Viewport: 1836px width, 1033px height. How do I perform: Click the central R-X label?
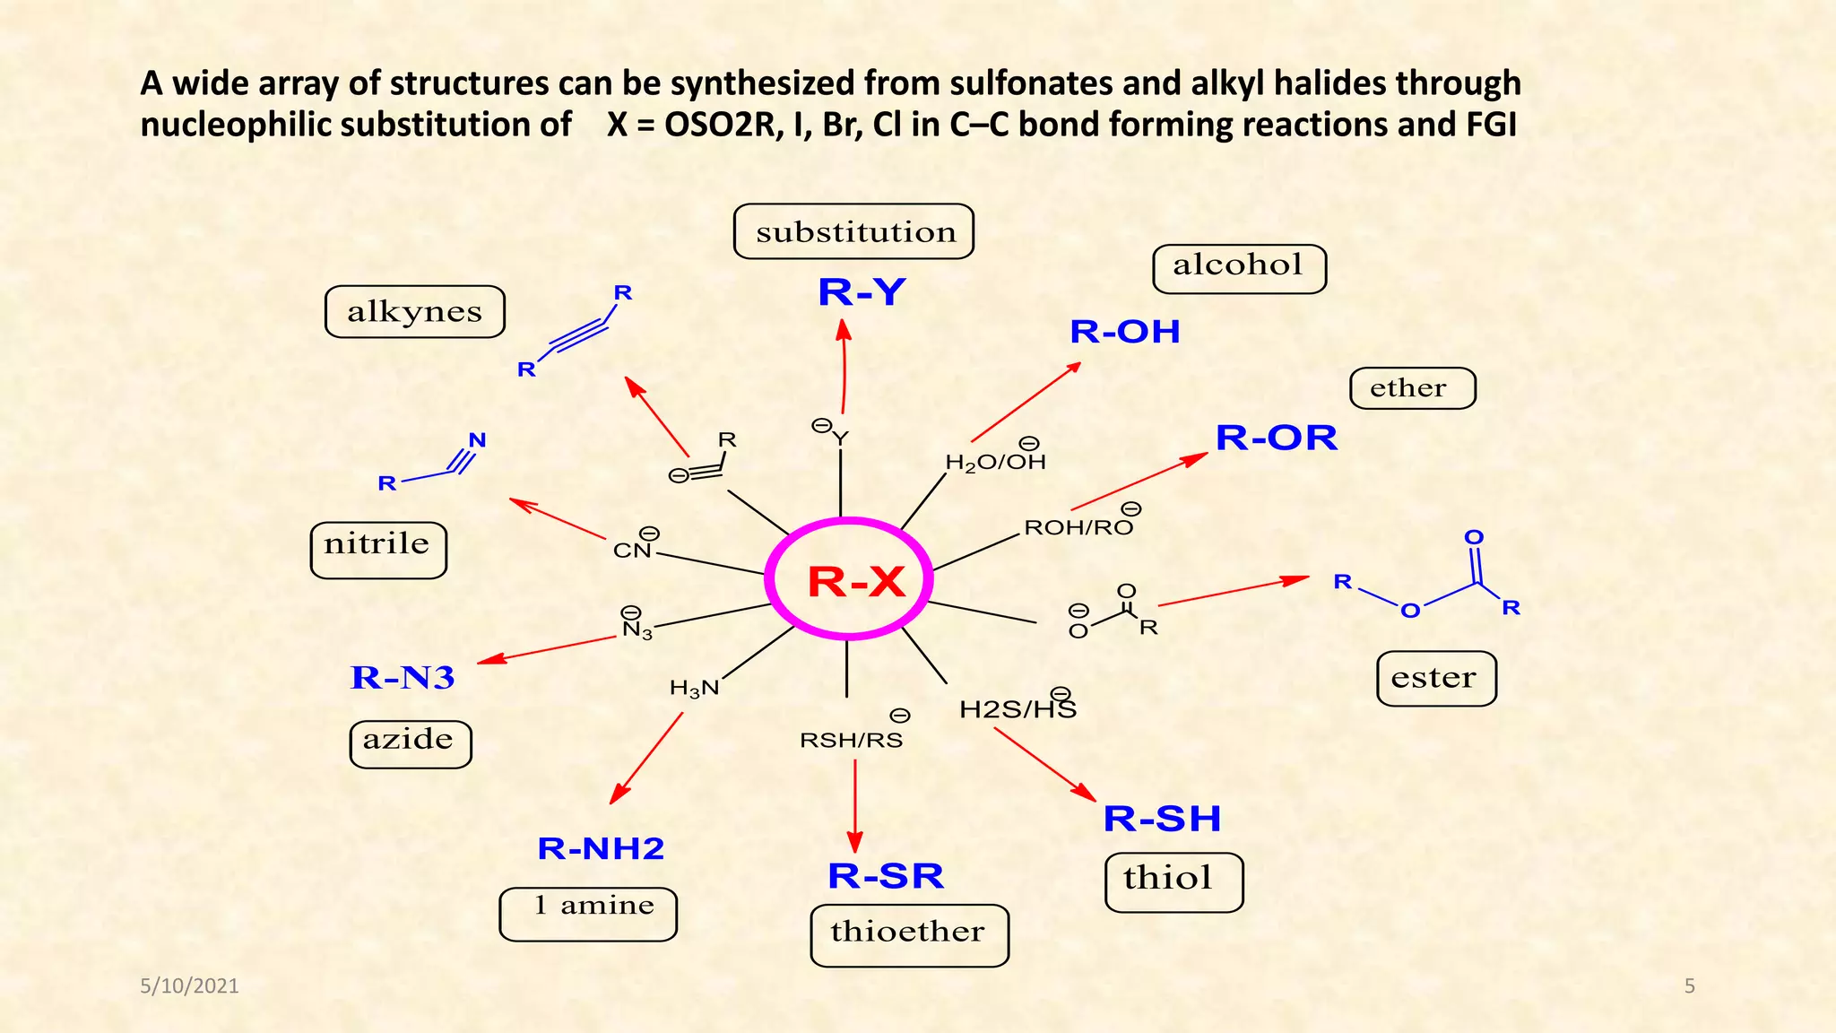coord(855,582)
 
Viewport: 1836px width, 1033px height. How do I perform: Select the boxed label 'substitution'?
coord(853,232)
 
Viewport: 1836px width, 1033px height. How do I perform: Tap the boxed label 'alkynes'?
coord(414,312)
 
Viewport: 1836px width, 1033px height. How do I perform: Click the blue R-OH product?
coord(1124,332)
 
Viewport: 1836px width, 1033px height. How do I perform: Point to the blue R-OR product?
coord(1276,438)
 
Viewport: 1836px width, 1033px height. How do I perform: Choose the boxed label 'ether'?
coord(1411,388)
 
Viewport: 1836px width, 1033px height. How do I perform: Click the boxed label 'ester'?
coord(1435,678)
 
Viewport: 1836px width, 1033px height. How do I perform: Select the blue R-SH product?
coord(1162,818)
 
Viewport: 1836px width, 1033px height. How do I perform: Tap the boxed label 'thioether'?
coord(908,933)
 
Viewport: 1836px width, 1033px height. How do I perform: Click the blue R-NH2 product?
coord(601,848)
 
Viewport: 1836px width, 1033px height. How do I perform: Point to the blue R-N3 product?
coord(403,678)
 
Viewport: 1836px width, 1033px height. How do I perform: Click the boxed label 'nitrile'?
coord(377,547)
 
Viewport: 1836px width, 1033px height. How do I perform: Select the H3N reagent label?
coord(694,688)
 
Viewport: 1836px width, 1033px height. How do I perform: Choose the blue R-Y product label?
coord(862,292)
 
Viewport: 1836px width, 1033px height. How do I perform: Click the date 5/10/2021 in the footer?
coord(190,986)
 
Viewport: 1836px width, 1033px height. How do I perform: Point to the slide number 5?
coord(1689,986)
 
